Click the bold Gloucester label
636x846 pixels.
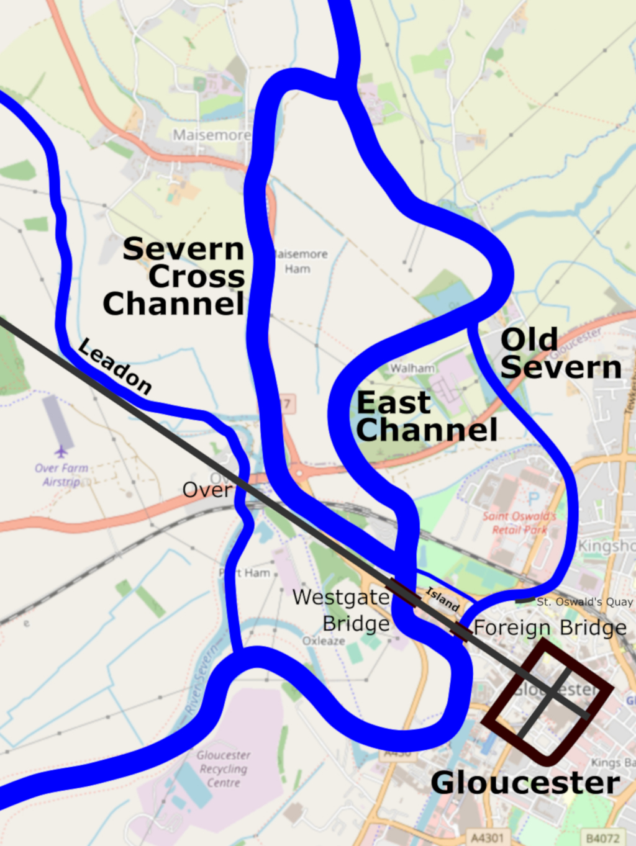pos(525,783)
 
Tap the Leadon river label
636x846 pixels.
pos(115,367)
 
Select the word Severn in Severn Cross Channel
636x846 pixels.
pos(183,249)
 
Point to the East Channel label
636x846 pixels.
pos(427,416)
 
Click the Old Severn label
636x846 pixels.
pos(560,353)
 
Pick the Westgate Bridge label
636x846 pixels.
pos(342,610)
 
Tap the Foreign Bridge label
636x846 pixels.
pos(550,628)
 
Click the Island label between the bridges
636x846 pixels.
pos(442,599)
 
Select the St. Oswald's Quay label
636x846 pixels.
pos(584,601)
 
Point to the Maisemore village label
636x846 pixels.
pos(211,135)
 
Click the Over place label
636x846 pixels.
pos(206,490)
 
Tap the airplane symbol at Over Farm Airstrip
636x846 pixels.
pos(60,451)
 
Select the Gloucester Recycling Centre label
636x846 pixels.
pos(224,768)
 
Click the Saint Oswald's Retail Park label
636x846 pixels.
pos(519,523)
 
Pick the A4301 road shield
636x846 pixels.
pos(487,838)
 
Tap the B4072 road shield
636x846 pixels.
pos(602,838)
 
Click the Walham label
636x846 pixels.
pos(412,368)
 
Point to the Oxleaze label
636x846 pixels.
pos(324,641)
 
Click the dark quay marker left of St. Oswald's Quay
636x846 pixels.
pos(525,600)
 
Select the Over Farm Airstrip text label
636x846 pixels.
pos(61,475)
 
